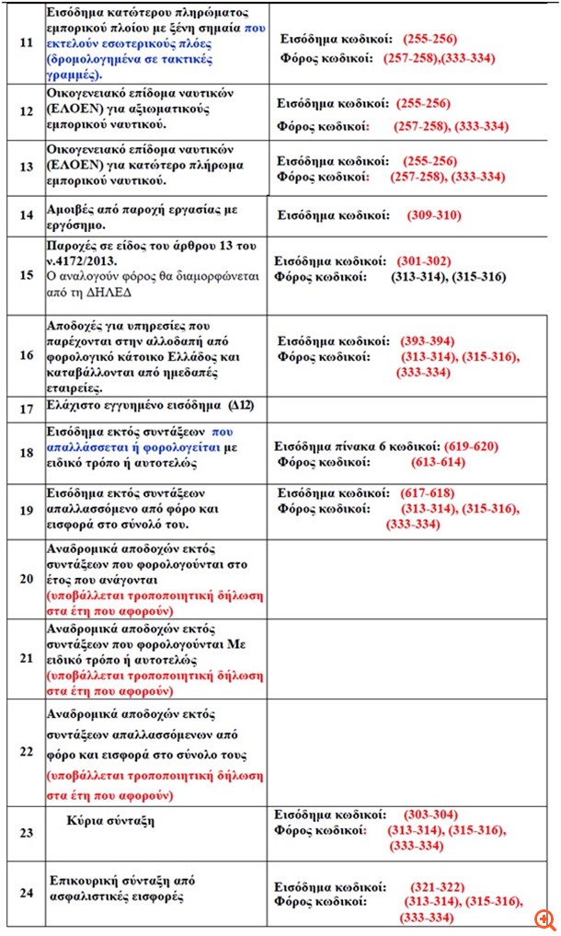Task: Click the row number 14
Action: pyautogui.click(x=26, y=217)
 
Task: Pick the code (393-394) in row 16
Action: pyautogui.click(x=428, y=341)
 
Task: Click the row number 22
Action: pyautogui.click(x=26, y=751)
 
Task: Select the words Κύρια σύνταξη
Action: pyautogui.click(x=110, y=818)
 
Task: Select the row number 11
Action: pyautogui.click(x=26, y=41)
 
